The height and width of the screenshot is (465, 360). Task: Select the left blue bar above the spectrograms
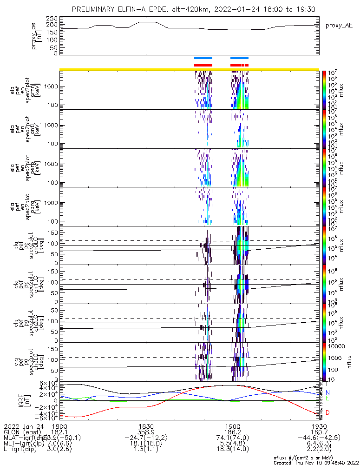[203, 58]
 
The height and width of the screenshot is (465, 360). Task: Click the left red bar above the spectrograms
[203, 65]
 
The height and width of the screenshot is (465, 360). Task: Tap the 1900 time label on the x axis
[232, 426]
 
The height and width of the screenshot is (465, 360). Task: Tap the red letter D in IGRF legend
[328, 412]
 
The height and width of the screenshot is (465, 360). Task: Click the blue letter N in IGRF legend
[328, 392]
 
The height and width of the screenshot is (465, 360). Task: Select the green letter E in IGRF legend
[328, 399]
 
